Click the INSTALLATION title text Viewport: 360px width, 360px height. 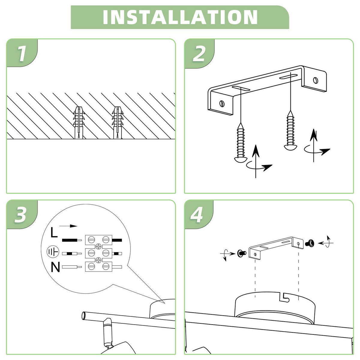(x=180, y=17)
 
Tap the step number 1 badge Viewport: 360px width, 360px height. (x=22, y=54)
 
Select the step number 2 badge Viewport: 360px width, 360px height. (x=199, y=54)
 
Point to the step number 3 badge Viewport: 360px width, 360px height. (x=20, y=215)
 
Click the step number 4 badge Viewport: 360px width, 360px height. (x=197, y=215)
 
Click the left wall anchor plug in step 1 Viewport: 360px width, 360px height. (x=78, y=122)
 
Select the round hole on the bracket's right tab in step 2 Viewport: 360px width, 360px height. (x=315, y=80)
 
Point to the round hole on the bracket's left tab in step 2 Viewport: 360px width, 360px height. (x=222, y=103)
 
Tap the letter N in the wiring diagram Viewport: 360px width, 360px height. (x=55, y=267)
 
